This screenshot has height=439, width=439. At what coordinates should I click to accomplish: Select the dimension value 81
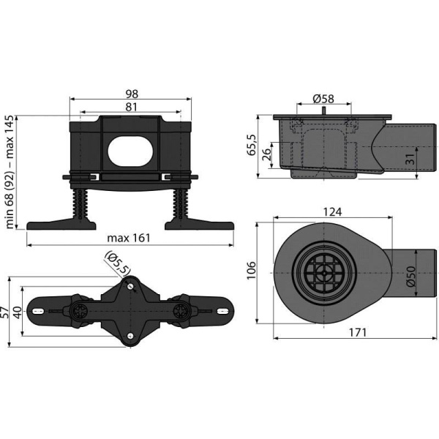pos(132,108)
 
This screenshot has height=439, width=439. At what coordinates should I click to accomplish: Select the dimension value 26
pos(267,154)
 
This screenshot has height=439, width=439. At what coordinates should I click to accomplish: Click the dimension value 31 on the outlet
pos(411,157)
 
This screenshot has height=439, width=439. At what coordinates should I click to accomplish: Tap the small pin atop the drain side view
pos(321,110)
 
